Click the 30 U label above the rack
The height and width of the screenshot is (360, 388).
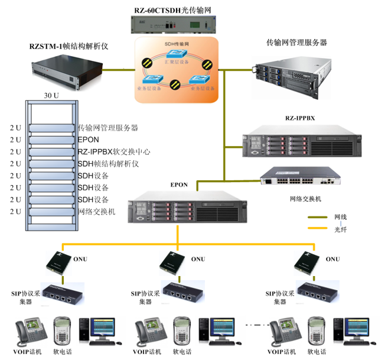pyautogui.click(x=51, y=95)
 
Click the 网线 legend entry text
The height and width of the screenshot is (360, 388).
pyautogui.click(x=340, y=217)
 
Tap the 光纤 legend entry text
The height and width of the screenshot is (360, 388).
pyautogui.click(x=340, y=228)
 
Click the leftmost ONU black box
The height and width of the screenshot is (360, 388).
pyautogui.click(x=57, y=262)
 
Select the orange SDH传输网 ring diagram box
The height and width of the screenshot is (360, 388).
pyautogui.click(x=177, y=70)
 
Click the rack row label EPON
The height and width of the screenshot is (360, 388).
pyautogui.click(x=88, y=140)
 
